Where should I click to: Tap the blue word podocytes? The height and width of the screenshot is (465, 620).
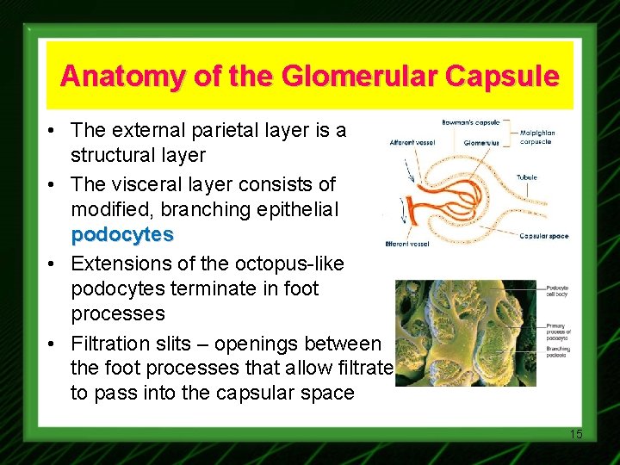(122, 234)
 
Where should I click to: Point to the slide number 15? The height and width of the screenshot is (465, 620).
(575, 434)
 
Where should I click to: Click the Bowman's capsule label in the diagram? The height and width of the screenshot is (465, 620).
(470, 122)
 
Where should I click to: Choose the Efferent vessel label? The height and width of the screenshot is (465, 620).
(407, 244)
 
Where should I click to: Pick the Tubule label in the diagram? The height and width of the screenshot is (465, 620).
(527, 178)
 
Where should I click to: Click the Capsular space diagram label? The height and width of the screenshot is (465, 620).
(543, 236)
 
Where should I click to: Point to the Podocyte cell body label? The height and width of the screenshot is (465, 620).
(561, 291)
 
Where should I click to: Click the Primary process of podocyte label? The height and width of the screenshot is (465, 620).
(561, 331)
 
